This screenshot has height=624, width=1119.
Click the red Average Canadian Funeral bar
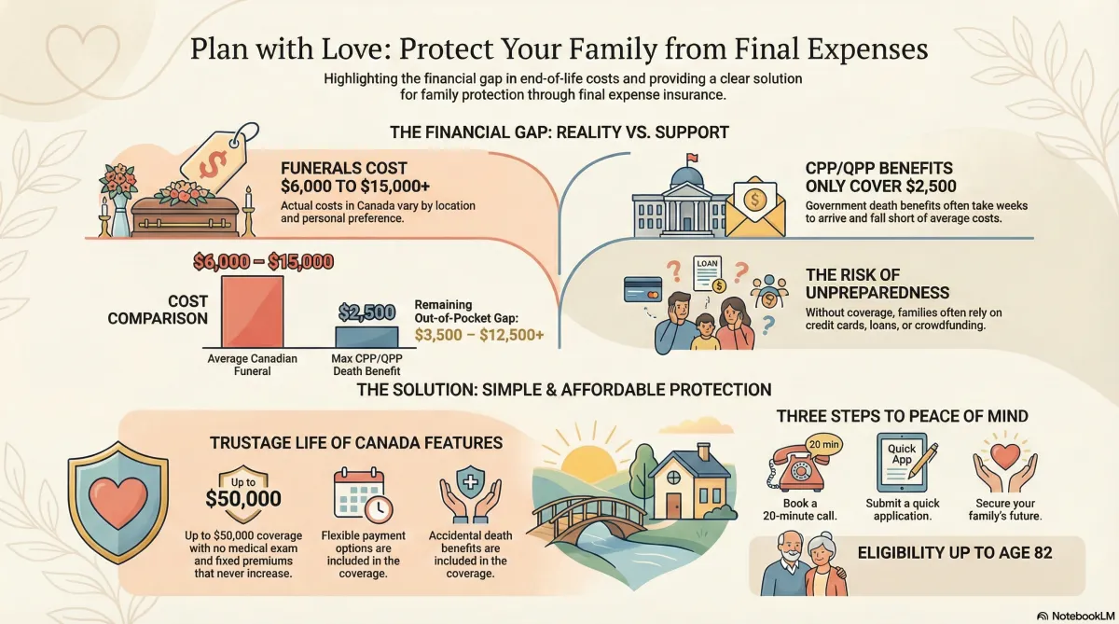tap(251, 312)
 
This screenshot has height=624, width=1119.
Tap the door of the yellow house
tap(673, 504)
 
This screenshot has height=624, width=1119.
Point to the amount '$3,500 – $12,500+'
tap(480, 335)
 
